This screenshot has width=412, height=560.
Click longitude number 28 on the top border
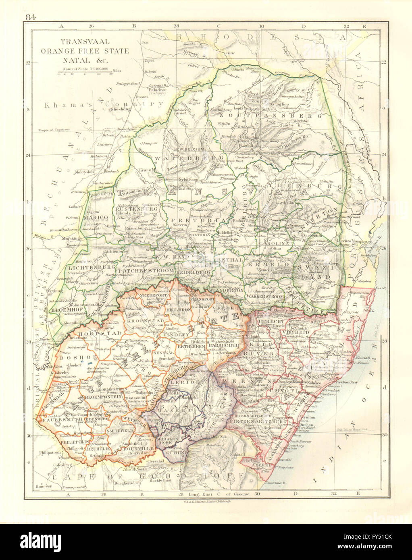[176, 26]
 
